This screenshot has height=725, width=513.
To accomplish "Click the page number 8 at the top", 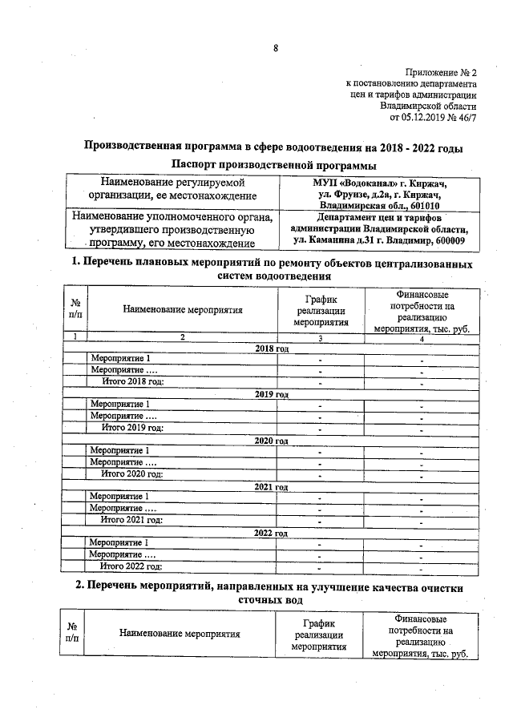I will [275, 48].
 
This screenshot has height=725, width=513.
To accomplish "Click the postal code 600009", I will [448, 240].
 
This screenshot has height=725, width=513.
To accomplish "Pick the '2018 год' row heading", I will [272, 349].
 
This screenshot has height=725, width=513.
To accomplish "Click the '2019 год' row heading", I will [272, 395].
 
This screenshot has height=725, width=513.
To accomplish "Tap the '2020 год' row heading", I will [272, 441].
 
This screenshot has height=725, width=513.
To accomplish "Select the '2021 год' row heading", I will [272, 487].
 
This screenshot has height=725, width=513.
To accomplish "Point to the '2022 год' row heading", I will [272, 533].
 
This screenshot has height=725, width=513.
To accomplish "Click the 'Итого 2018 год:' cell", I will [132, 382].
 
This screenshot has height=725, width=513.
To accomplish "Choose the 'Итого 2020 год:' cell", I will [132, 474].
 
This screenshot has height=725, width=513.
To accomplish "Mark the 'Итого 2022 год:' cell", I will [132, 566].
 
